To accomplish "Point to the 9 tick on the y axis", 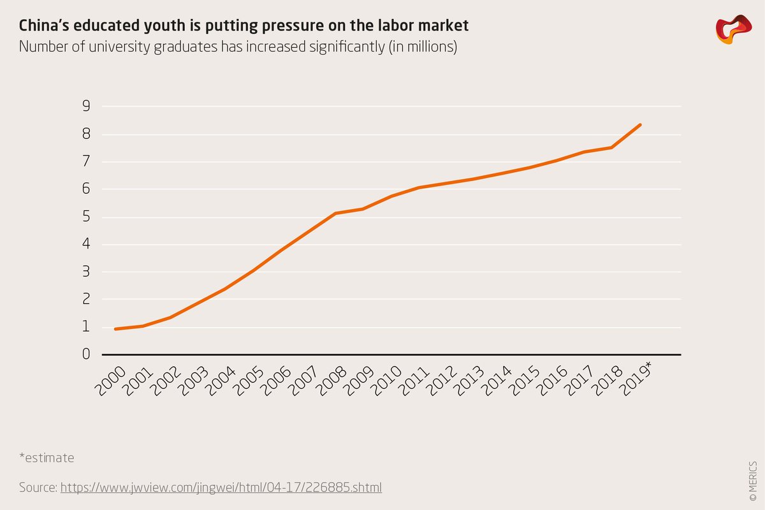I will pyautogui.click(x=86, y=106).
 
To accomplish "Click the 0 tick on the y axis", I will pyautogui.click(x=86, y=354).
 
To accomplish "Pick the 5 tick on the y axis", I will pyautogui.click(x=86, y=217).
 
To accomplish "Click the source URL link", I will pyautogui.click(x=221, y=488).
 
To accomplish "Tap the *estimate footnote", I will pyautogui.click(x=47, y=458).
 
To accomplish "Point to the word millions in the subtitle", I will pyautogui.click(x=426, y=47).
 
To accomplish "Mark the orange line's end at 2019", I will pyautogui.click(x=640, y=125).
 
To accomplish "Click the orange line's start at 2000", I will pyautogui.click(x=115, y=329).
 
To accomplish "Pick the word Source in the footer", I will pyautogui.click(x=38, y=488).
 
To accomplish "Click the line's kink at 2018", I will pyautogui.click(x=612, y=147).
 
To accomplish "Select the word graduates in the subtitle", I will pyautogui.click(x=184, y=47).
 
